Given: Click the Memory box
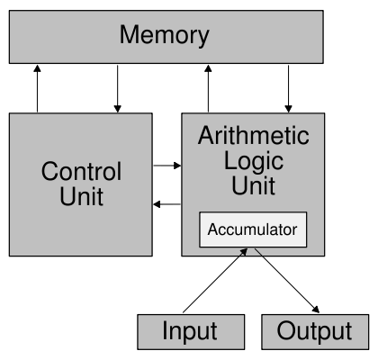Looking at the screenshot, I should [166, 37].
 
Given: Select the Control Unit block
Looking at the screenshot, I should [81, 184].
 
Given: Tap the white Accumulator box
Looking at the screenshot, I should [252, 229].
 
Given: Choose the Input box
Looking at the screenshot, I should [190, 331].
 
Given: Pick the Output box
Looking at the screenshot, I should [314, 331].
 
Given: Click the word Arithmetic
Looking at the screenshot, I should [253, 137].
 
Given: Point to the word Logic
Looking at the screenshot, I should [253, 162].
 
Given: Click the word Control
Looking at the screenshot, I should [81, 172].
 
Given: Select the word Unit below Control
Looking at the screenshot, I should [81, 197].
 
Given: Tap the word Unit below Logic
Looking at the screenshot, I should [253, 187].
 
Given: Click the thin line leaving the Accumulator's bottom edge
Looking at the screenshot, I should [258, 252].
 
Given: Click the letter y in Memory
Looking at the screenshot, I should [202, 39].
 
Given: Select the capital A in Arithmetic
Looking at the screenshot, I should [206, 137].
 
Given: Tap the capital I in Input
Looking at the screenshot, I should [165, 331].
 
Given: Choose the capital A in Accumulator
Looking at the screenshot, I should [212, 229].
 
